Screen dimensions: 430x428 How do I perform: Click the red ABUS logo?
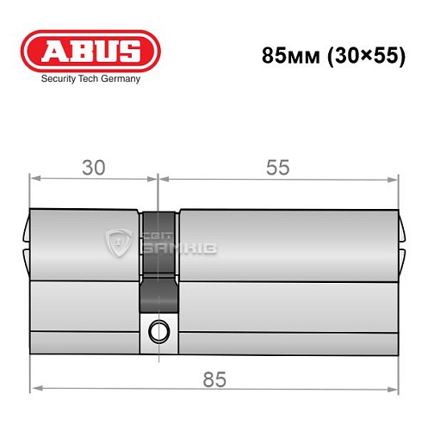[x=90, y=49]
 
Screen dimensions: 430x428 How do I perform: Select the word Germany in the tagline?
[x=120, y=78]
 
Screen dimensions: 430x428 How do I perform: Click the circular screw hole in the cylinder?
[x=158, y=329]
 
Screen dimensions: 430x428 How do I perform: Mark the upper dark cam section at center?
[x=158, y=243]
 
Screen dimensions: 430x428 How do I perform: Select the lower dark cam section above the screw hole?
[x=158, y=297]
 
